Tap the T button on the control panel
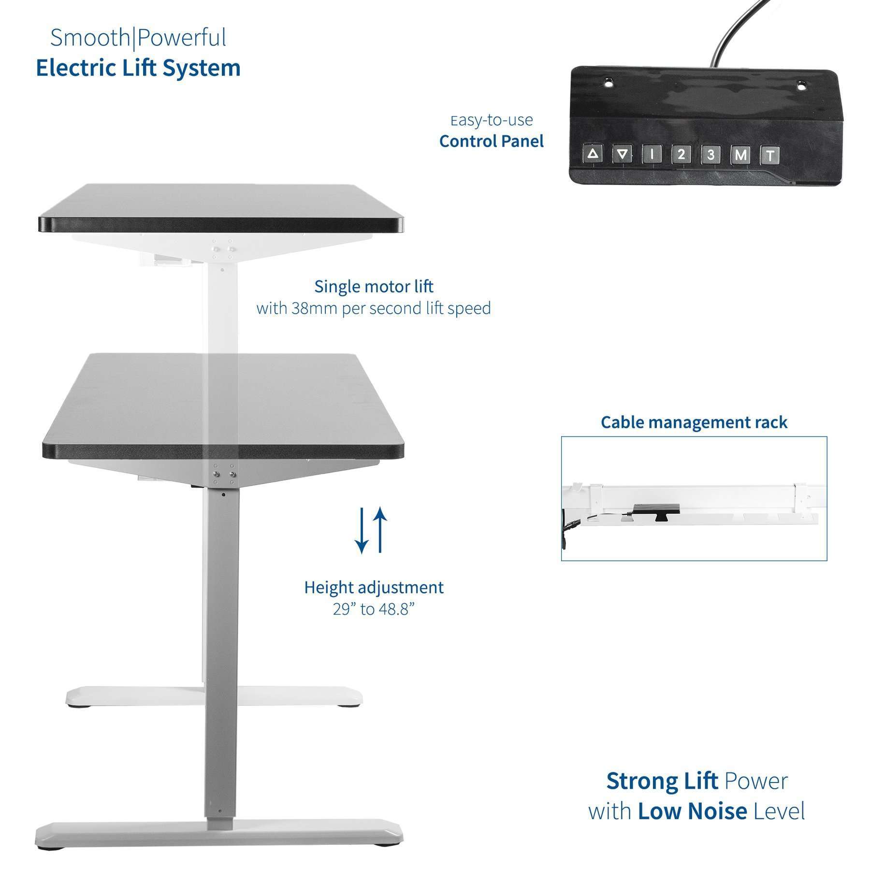(x=770, y=155)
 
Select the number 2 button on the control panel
(x=681, y=155)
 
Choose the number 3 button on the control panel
(x=710, y=155)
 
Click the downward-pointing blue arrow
(x=361, y=530)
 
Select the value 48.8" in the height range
(x=397, y=609)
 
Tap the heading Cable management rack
(x=694, y=422)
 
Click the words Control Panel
(x=492, y=141)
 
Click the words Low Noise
(x=693, y=811)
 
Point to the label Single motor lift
(x=374, y=286)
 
